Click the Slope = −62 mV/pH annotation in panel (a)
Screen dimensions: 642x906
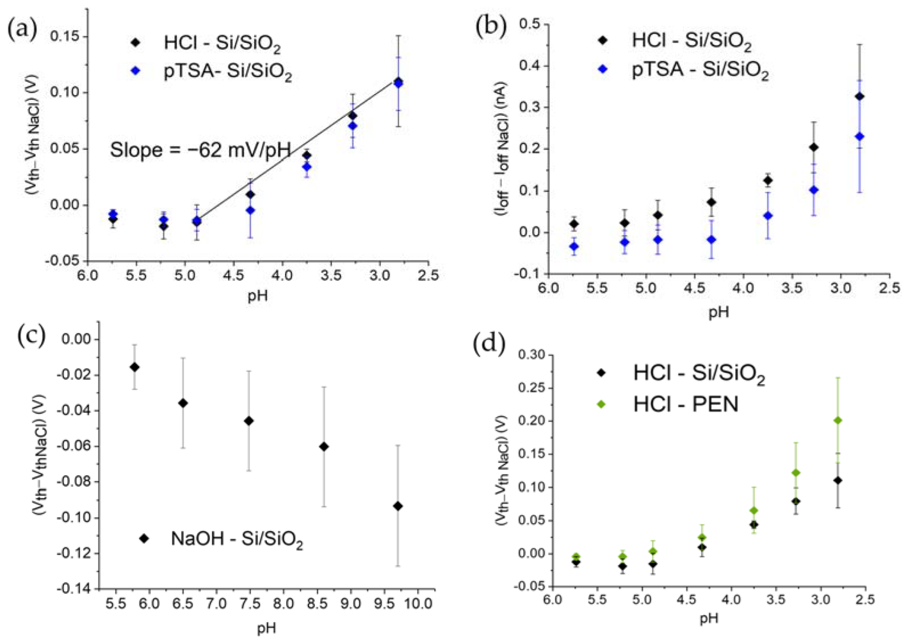point(200,150)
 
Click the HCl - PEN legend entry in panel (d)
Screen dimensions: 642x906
point(685,404)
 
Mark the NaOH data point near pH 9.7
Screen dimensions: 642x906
point(398,506)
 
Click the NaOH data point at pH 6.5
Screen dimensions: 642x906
point(183,403)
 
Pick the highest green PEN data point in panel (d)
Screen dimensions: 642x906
point(837,420)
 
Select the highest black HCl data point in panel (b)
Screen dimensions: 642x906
point(860,96)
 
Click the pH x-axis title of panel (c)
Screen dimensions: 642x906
point(266,628)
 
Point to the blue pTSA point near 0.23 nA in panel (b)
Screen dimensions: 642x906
point(860,137)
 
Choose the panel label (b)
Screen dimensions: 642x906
point(490,27)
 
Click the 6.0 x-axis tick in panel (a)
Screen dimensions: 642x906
point(88,276)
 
